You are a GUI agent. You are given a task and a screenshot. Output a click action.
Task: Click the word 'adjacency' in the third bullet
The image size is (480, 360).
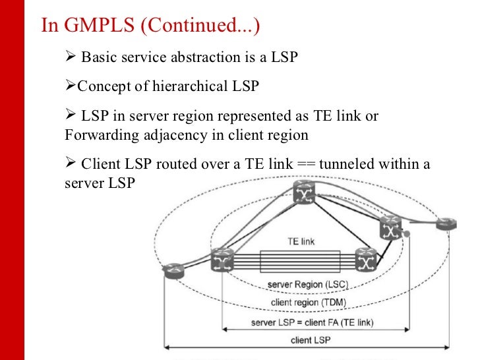[169, 136]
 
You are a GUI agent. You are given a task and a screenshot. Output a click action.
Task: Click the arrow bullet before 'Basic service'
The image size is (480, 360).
[71, 57]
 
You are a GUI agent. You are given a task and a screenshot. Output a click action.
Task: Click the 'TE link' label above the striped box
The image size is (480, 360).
[301, 242]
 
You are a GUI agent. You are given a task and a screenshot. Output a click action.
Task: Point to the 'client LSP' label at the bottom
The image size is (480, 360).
[310, 340]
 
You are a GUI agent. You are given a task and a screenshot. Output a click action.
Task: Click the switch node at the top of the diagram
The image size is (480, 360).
[305, 193]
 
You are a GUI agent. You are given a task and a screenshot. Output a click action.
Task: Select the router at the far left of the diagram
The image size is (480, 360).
[175, 270]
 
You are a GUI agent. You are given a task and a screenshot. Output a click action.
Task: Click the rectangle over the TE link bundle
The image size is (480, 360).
[300, 262]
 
